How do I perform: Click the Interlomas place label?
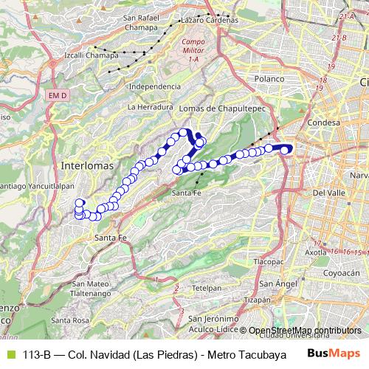coord(88,165)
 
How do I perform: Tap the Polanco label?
coord(269,79)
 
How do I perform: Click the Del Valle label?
coord(329,193)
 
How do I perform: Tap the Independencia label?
coord(154,86)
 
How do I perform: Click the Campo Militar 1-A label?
coord(193,49)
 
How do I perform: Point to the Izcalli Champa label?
coord(92,55)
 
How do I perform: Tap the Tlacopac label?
coord(269,262)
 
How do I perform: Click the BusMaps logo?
coord(333,353)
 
